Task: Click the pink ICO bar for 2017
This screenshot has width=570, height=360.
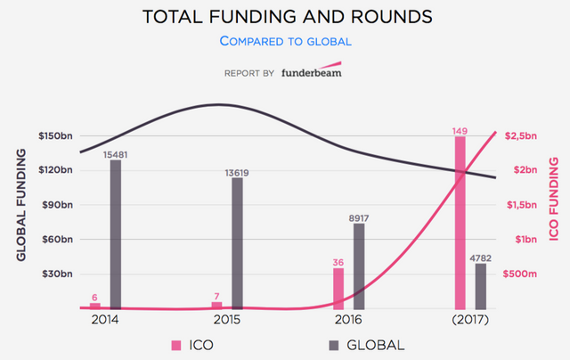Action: (460, 222)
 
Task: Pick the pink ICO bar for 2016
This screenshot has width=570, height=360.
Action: (338, 288)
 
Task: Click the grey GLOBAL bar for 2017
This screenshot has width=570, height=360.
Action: (481, 285)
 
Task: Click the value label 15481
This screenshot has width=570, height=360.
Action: (116, 153)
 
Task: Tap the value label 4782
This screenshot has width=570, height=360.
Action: (481, 258)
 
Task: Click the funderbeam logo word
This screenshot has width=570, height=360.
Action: (309, 71)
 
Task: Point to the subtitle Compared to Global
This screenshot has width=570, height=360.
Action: (284, 41)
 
